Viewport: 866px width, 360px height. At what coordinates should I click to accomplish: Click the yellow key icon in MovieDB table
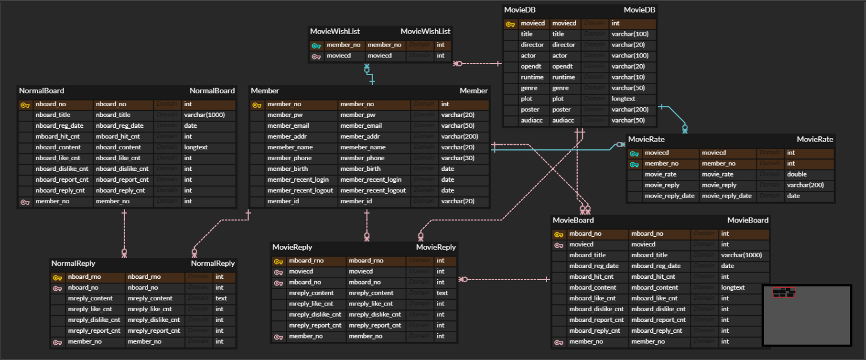pos(510,24)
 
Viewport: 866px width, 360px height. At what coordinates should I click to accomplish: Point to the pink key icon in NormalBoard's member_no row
pos(25,202)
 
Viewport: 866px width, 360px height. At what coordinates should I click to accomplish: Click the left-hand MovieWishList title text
pos(335,31)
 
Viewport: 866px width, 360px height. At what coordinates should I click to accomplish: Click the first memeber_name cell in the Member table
pos(290,147)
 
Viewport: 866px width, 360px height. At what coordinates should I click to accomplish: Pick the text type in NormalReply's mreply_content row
pos(221,298)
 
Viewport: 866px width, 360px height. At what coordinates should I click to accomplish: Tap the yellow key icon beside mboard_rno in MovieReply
pos(278,261)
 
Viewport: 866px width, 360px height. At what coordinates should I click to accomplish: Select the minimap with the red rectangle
pos(806,315)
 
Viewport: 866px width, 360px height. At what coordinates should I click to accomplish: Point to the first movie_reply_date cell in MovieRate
pos(669,196)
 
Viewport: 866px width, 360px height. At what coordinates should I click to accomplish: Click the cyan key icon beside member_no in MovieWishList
pos(316,45)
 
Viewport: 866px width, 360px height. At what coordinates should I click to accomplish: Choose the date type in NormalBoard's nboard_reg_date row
pos(191,125)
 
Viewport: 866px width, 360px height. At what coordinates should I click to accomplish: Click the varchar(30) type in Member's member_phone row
pos(457,158)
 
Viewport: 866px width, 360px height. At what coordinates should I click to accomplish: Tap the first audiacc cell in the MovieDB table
pos(531,120)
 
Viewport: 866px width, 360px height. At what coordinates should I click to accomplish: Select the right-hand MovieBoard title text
pos(747,220)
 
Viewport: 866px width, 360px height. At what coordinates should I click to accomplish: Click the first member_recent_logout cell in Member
pos(300,190)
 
